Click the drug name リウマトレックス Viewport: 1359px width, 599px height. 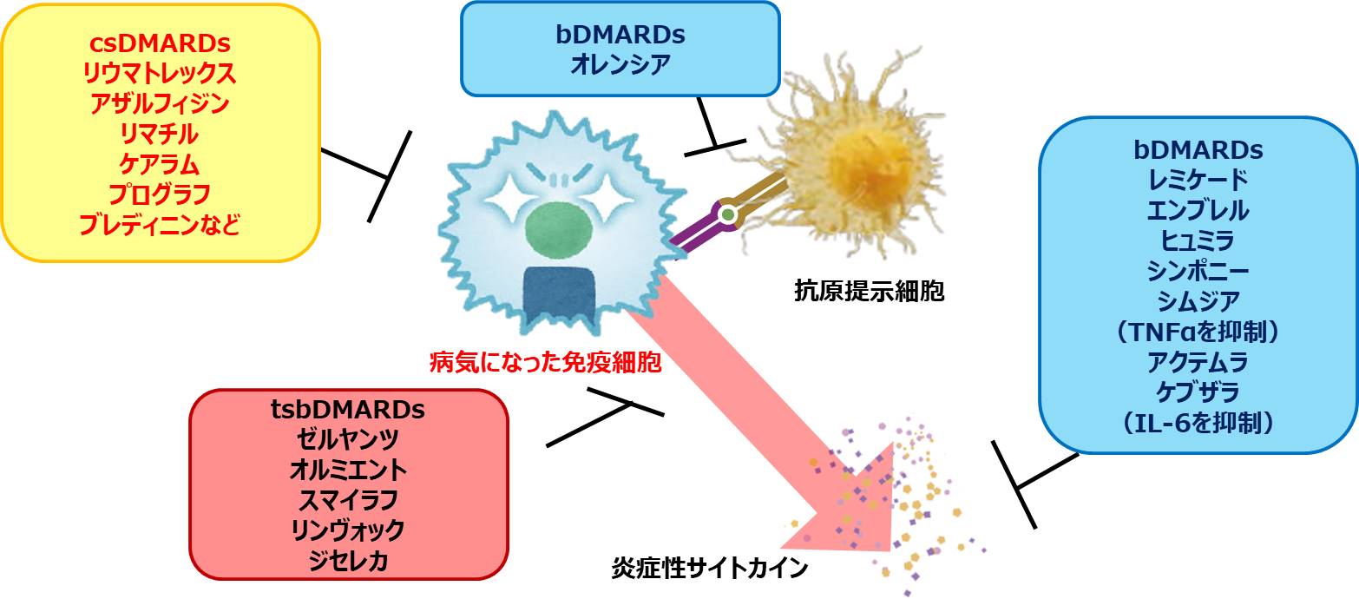[x=160, y=73]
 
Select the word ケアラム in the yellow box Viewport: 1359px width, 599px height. [x=160, y=164]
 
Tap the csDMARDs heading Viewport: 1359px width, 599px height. [x=160, y=42]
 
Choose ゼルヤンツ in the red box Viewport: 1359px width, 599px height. [x=347, y=439]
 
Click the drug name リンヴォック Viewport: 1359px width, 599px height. [x=347, y=529]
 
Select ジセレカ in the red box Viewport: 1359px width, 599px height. [x=347, y=560]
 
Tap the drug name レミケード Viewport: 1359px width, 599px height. [x=1198, y=180]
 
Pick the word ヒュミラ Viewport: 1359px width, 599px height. [x=1198, y=240]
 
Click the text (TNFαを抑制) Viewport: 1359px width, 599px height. [x=1198, y=331]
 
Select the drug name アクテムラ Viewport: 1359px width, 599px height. [x=1198, y=360]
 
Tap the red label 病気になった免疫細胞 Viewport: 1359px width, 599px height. [x=545, y=362]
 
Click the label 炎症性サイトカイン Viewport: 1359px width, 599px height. [x=709, y=570]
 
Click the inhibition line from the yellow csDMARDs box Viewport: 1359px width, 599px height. [x=355, y=164]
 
